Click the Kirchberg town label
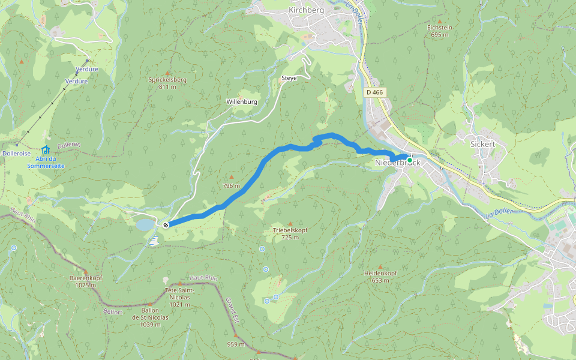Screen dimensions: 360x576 (x=306, y=10)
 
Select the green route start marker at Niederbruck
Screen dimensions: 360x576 (x=410, y=160)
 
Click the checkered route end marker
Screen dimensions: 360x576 (x=166, y=224)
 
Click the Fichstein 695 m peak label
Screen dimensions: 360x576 (x=439, y=31)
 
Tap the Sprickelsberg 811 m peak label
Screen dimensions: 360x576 (x=167, y=83)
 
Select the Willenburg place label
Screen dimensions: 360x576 (x=242, y=102)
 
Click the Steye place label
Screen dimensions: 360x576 (x=289, y=79)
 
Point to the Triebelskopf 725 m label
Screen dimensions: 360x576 (x=290, y=233)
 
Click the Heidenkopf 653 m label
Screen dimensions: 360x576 (x=380, y=277)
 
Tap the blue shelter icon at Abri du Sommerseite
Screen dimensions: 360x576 (x=46, y=149)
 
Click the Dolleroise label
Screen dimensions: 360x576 (x=16, y=154)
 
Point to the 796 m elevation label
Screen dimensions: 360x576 (x=231, y=185)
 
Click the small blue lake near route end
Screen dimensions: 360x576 (x=145, y=224)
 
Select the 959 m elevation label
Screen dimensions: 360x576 (x=236, y=344)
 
